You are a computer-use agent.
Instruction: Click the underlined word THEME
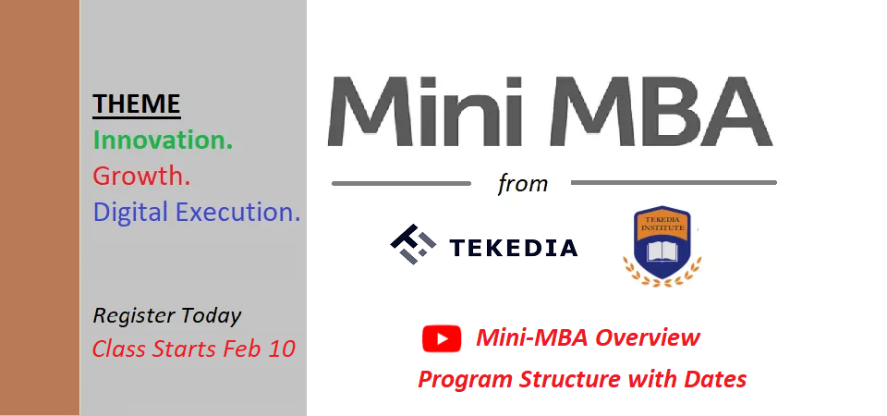pos(137,104)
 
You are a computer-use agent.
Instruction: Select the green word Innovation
pos(163,141)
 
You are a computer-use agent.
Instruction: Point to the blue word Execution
pos(245,213)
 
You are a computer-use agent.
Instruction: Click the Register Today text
pos(167,316)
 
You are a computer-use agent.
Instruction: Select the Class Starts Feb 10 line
pos(194,349)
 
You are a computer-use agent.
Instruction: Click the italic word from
pos(523,183)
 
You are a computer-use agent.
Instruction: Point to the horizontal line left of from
pos(401,183)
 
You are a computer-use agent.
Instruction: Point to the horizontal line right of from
pos(674,183)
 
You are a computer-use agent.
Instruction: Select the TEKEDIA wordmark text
pos(513,248)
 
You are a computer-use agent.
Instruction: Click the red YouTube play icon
pos(442,339)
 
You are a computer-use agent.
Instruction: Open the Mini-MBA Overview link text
pos(588,338)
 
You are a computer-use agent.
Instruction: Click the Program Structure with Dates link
pos(582,379)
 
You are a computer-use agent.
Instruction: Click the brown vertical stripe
pos(40,208)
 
